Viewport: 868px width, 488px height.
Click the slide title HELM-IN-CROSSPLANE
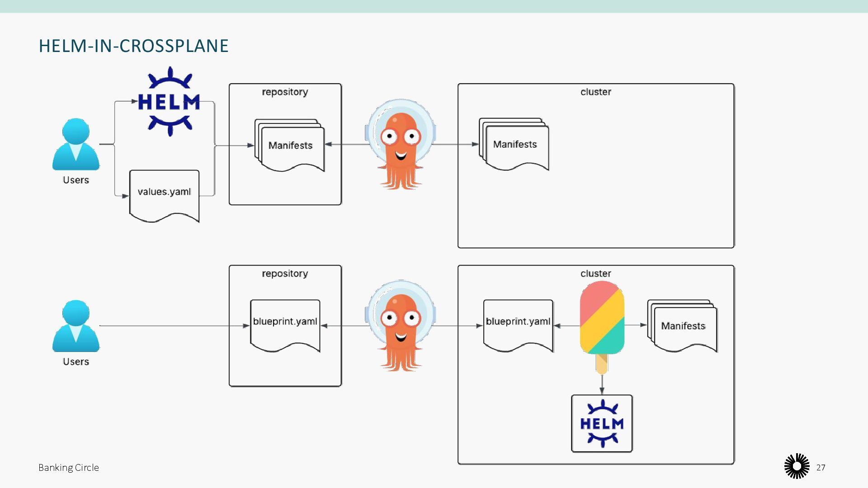tap(133, 46)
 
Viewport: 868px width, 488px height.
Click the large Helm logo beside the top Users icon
tap(169, 102)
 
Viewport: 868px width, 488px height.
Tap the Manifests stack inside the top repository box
tap(290, 145)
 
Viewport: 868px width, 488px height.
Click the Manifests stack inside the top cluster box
tap(514, 145)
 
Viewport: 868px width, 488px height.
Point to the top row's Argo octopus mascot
tap(401, 145)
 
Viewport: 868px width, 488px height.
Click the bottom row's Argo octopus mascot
tap(401, 326)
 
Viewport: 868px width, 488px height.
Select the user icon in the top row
tap(76, 145)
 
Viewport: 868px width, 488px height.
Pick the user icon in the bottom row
tap(76, 326)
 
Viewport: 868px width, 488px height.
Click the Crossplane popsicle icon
tap(602, 321)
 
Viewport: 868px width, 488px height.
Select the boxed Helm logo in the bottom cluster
tap(602, 423)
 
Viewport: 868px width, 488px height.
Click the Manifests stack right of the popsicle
tap(683, 326)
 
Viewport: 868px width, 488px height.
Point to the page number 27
tap(821, 468)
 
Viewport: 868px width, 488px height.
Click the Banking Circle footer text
tap(69, 468)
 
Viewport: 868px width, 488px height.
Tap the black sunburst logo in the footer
tap(797, 466)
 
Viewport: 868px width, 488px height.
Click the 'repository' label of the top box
tap(285, 92)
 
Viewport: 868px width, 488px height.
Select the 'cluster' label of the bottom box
tap(595, 274)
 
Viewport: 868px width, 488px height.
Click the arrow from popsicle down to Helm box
tap(602, 384)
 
